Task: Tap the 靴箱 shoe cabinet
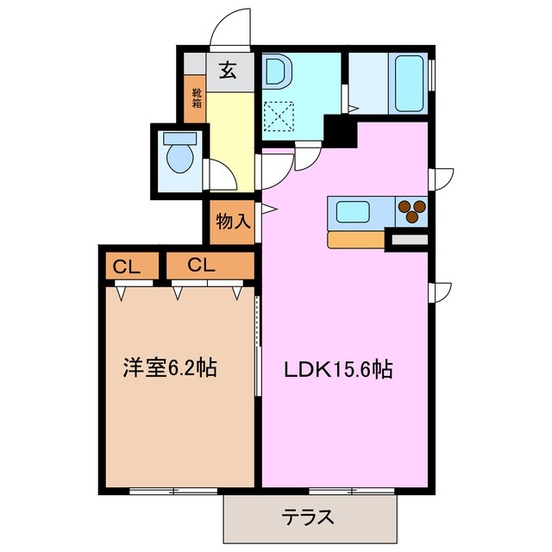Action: click(197, 97)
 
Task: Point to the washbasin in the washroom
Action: click(276, 74)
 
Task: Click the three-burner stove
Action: click(412, 209)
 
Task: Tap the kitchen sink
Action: click(354, 210)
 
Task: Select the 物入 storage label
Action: click(232, 221)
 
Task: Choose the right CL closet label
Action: click(199, 265)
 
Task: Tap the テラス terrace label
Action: click(308, 517)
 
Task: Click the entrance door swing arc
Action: click(230, 28)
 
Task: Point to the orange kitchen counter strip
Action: click(356, 240)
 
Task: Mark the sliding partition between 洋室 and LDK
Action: click(259, 345)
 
